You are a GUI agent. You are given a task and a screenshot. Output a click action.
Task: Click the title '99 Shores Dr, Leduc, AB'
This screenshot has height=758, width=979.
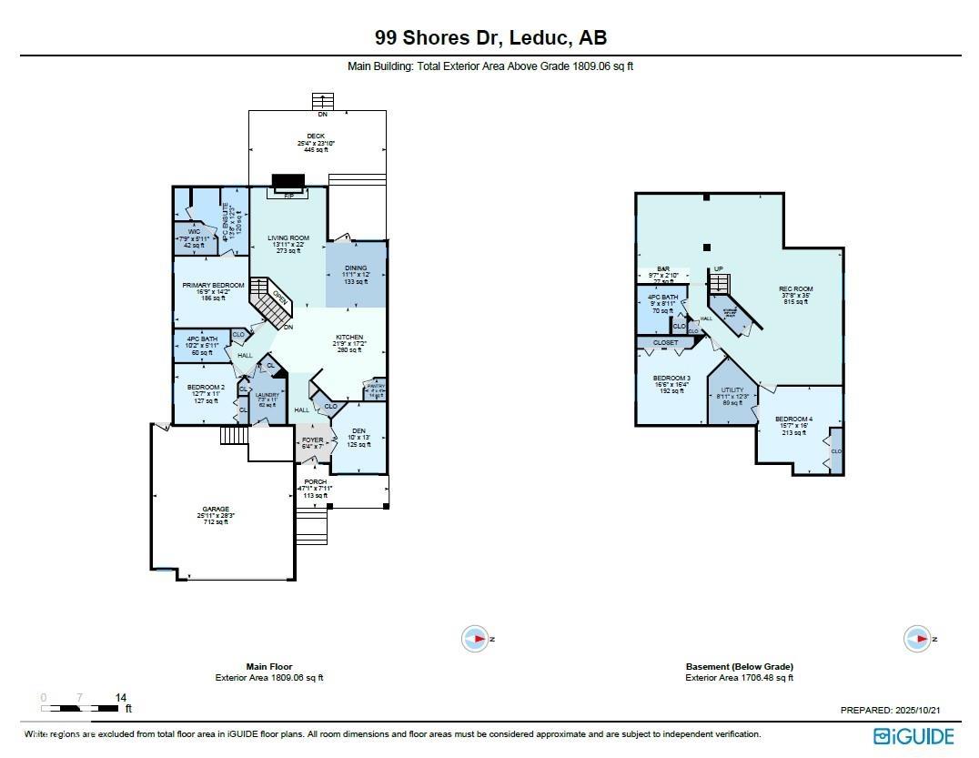(x=490, y=38)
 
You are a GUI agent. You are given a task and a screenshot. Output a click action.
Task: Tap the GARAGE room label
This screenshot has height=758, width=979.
(x=216, y=509)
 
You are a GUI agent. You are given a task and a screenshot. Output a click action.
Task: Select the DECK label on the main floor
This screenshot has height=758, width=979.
(x=315, y=136)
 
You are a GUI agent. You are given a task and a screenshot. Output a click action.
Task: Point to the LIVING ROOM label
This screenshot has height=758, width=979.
(x=288, y=238)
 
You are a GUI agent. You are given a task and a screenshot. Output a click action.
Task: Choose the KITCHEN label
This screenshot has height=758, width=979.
(x=349, y=338)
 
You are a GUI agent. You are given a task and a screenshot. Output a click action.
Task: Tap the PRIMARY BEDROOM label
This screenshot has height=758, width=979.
(x=213, y=285)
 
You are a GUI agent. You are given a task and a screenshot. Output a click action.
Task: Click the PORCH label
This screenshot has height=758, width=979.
(x=315, y=481)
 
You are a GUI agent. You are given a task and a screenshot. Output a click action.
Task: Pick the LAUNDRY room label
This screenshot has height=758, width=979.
(x=267, y=395)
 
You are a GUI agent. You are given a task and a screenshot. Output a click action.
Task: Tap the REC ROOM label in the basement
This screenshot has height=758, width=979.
(x=795, y=289)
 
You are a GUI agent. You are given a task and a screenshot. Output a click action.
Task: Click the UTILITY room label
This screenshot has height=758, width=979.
(x=732, y=389)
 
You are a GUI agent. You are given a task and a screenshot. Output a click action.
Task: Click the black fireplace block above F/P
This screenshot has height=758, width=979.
(x=288, y=181)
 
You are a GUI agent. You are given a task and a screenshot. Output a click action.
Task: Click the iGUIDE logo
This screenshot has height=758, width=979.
(x=913, y=735)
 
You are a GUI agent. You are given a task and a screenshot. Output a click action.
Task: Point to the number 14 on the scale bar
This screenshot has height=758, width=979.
(x=121, y=697)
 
